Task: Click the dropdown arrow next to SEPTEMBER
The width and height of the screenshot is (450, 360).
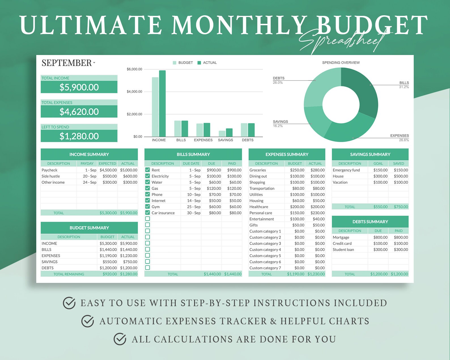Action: (94, 63)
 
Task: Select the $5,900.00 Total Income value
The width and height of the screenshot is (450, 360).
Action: (79, 87)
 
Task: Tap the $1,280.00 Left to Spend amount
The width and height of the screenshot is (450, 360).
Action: (79, 136)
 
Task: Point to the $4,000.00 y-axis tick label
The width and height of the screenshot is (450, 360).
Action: (134, 92)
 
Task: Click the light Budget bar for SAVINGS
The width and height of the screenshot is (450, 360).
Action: (222, 134)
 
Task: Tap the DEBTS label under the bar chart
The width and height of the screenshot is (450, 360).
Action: (248, 140)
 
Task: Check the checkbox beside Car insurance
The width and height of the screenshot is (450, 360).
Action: (148, 213)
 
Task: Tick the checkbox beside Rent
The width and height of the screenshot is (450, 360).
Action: (148, 170)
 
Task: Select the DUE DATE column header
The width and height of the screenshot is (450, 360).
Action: (191, 164)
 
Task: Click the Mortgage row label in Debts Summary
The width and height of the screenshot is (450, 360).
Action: (341, 237)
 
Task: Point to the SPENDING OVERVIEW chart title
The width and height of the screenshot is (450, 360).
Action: (341, 63)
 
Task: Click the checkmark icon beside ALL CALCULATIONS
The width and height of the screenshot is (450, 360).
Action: (120, 339)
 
